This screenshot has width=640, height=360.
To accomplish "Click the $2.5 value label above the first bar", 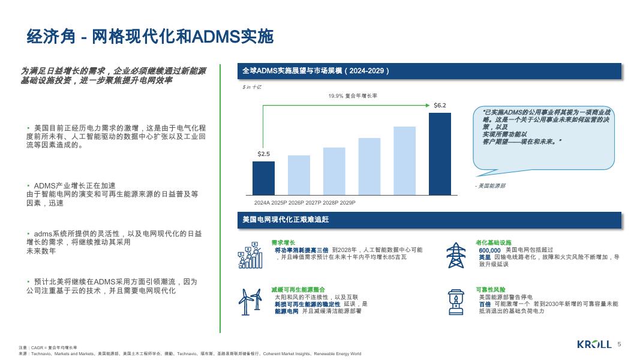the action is click(x=263, y=154).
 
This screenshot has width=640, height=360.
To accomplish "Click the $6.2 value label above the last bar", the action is click(x=440, y=106).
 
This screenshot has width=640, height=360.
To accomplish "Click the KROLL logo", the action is click(x=594, y=344).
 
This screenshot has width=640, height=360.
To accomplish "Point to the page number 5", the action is click(x=619, y=344).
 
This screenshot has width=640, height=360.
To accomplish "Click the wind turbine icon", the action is click(x=251, y=302).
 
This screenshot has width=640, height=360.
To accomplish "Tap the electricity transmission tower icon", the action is click(x=455, y=256).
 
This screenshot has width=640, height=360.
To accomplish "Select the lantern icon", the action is click(x=455, y=302).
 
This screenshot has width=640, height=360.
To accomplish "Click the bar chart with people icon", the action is click(x=251, y=256).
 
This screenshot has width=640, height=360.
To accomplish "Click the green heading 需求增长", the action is click(x=283, y=242).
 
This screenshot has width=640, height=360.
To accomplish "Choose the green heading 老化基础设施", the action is click(x=494, y=242).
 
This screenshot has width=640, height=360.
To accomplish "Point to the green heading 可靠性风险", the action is click(x=490, y=289).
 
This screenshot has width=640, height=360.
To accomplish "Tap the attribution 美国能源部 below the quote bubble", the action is click(x=490, y=186).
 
